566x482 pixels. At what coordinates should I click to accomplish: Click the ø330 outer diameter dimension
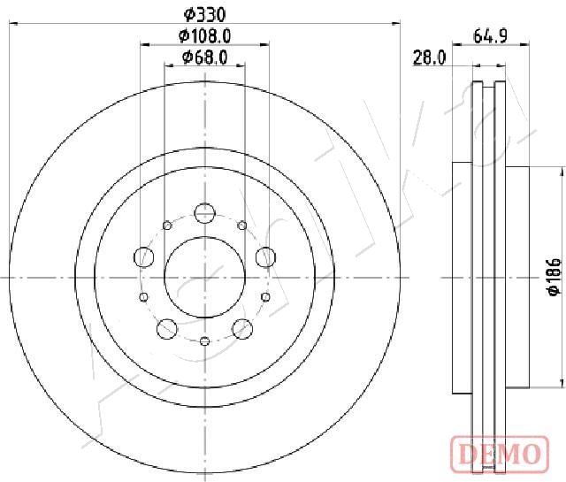pyautogui.click(x=204, y=15)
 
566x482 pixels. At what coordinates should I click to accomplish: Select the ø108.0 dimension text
pyautogui.click(x=204, y=35)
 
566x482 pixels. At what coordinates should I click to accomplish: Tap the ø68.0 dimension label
pyautogui.click(x=204, y=57)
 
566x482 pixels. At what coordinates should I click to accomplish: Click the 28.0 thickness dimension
pyautogui.click(x=429, y=57)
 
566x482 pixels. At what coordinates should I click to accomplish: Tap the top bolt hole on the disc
pyautogui.click(x=204, y=213)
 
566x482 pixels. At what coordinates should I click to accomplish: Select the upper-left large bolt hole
pyautogui.click(x=144, y=257)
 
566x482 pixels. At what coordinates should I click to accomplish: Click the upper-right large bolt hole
pyautogui.click(x=265, y=257)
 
